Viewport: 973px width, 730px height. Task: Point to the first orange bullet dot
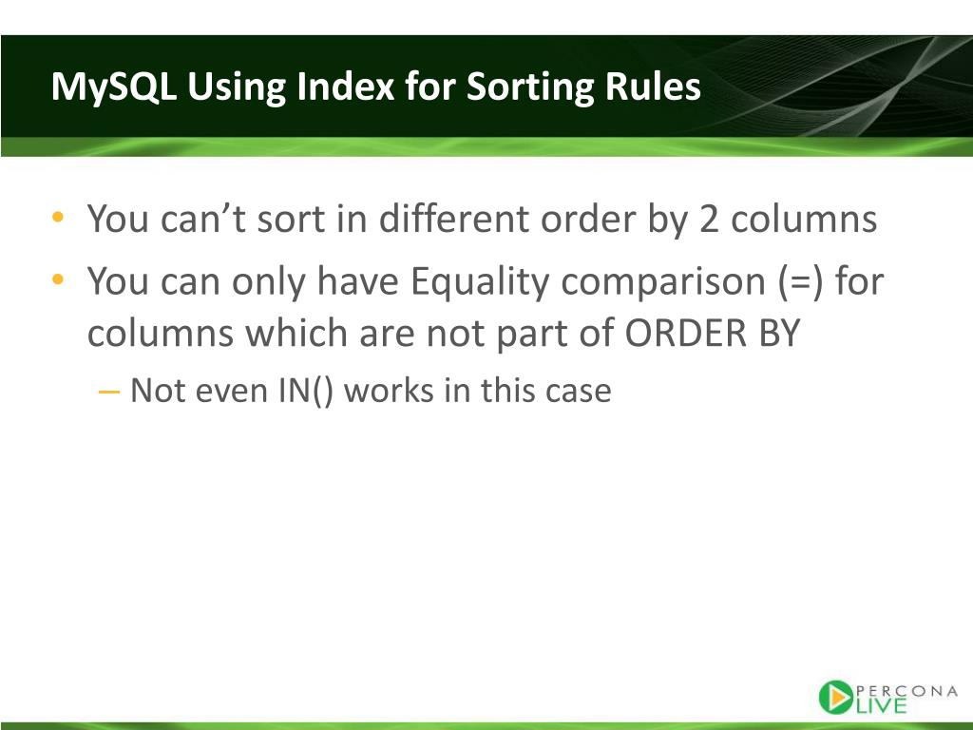point(59,218)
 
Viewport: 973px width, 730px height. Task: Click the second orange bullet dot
point(59,280)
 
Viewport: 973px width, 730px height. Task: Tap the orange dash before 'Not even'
point(109,390)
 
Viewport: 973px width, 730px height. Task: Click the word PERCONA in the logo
point(907,691)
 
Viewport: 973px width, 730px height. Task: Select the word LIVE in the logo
point(881,705)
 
